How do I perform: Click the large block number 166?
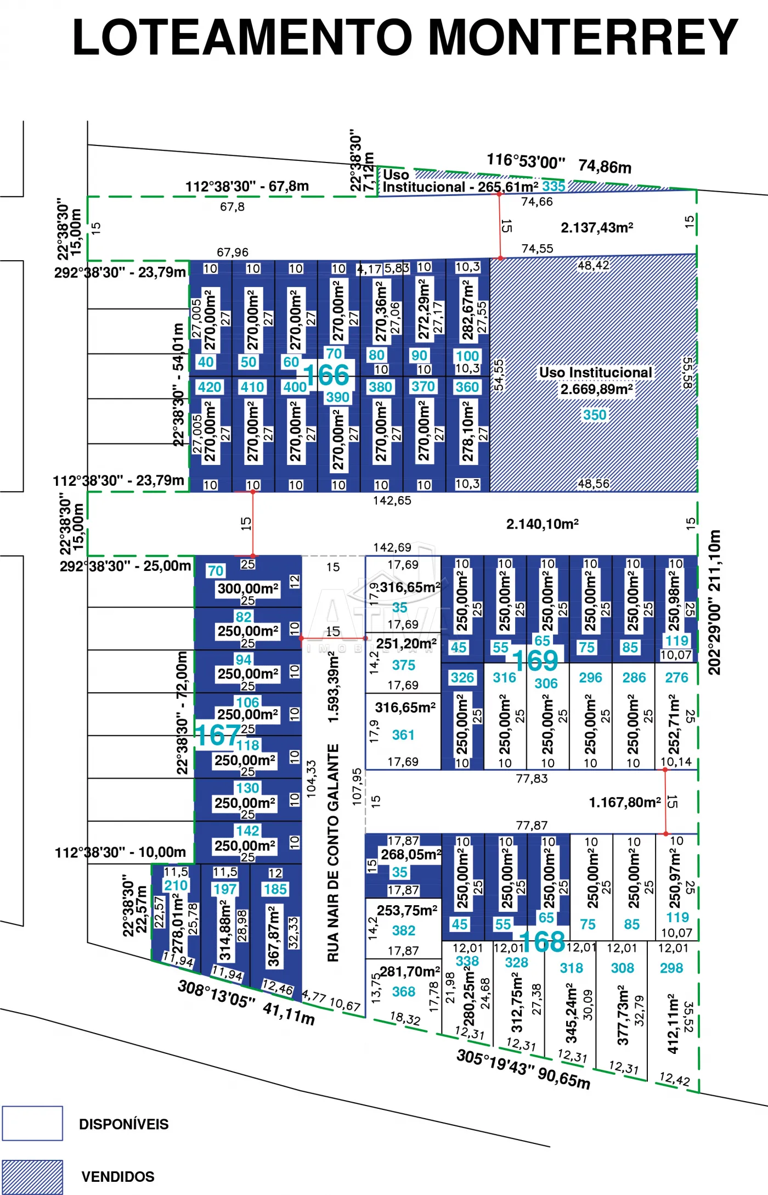(326, 375)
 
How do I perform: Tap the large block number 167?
(218, 735)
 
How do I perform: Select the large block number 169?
(535, 660)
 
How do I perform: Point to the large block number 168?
(542, 942)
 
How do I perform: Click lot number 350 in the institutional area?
(595, 415)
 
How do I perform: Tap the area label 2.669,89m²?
(596, 390)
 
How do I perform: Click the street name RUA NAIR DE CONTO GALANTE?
(333, 853)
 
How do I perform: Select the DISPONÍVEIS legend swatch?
(32, 1123)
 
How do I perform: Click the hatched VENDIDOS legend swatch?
(32, 1176)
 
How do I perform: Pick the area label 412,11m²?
(673, 1023)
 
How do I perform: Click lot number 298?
(671, 968)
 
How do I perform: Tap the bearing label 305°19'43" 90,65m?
(523, 1069)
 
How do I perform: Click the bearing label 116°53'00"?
(526, 161)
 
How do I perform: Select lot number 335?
(554, 187)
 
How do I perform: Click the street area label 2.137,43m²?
(597, 228)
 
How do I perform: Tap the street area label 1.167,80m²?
(625, 803)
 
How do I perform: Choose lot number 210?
(176, 885)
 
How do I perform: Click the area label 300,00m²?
(248, 589)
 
